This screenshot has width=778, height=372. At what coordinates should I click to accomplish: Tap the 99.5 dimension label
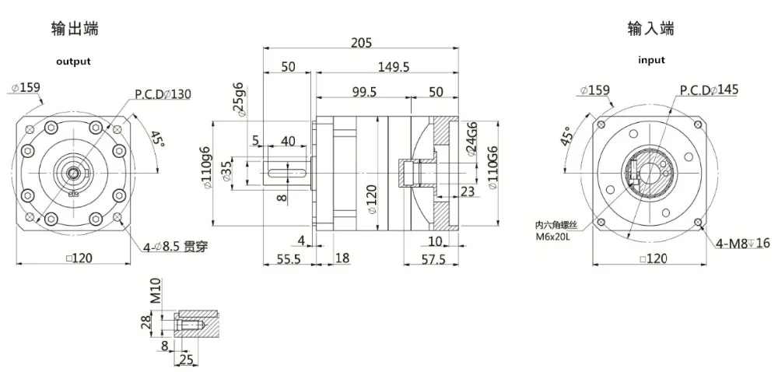[363, 92]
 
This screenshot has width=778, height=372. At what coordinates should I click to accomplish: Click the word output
[73, 61]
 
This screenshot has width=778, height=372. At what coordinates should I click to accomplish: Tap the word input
[651, 60]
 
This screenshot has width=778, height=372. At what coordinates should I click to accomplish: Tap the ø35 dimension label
[227, 170]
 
